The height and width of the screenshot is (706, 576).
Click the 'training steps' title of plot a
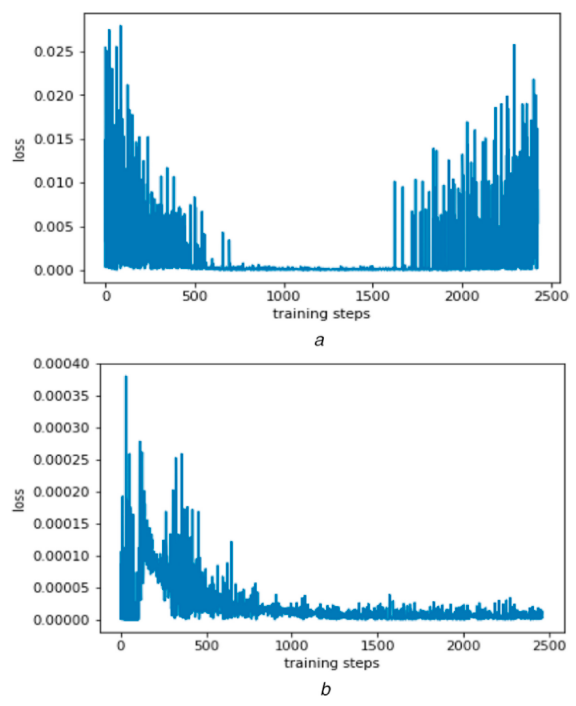pyautogui.click(x=321, y=314)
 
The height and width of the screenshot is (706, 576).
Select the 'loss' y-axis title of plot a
pyautogui.click(x=19, y=150)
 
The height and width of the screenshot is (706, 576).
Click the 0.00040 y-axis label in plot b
pyautogui.click(x=61, y=364)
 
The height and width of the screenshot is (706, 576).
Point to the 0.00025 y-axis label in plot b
pyautogui.click(x=61, y=460)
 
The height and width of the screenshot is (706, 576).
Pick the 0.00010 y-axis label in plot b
pyautogui.click(x=61, y=556)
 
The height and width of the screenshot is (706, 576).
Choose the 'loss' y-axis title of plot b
pyautogui.click(x=19, y=500)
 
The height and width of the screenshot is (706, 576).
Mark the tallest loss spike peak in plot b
pyautogui.click(x=126, y=377)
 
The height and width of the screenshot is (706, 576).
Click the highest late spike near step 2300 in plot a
pyautogui.click(x=514, y=45)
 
